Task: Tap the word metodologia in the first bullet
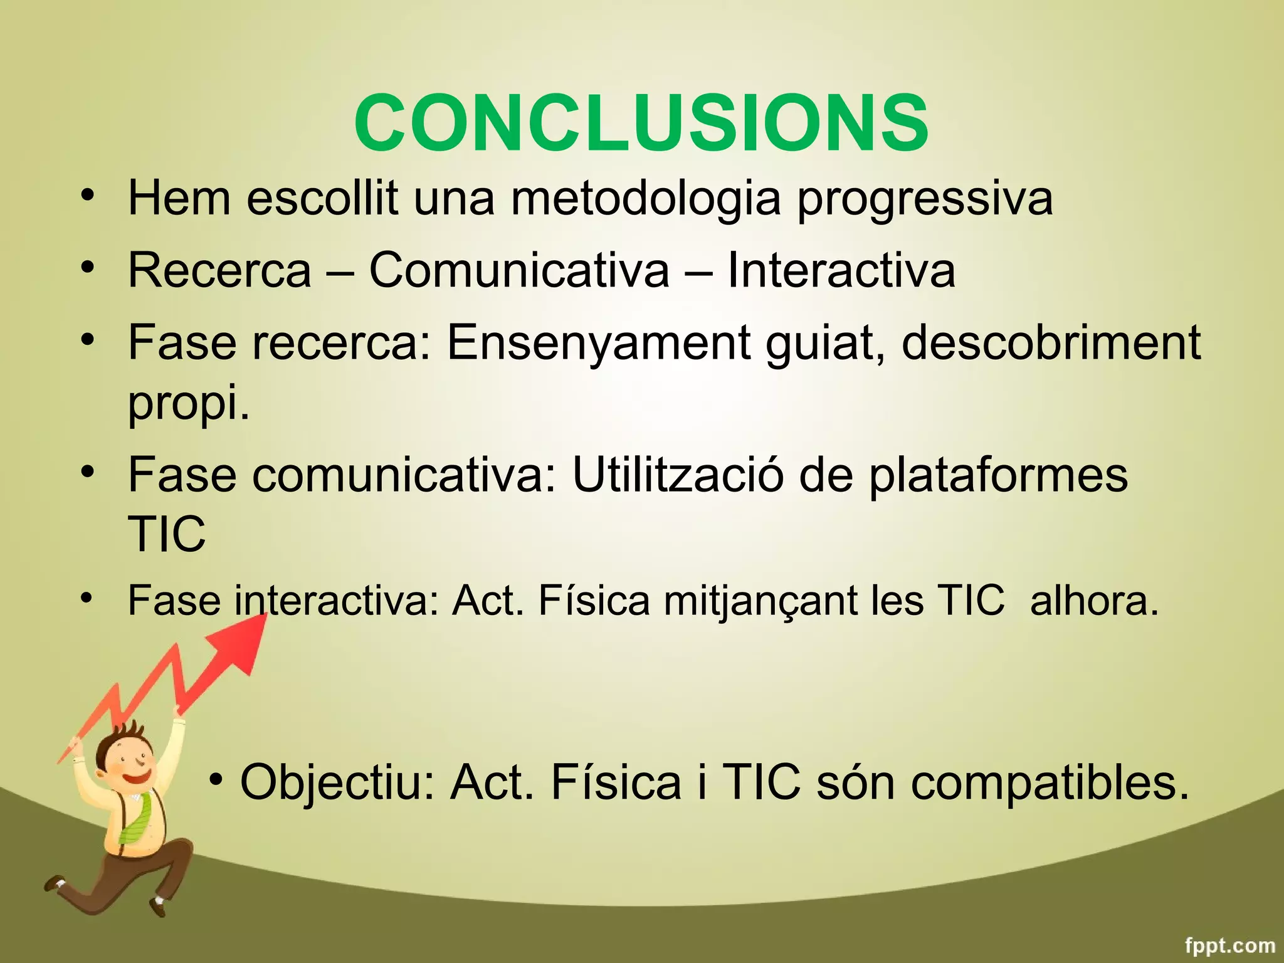(646, 198)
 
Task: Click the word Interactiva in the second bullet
(841, 270)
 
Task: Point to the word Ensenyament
(598, 344)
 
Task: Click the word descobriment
(1051, 342)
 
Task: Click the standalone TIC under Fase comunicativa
(166, 534)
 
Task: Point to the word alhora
(1094, 601)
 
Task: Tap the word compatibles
(1050, 783)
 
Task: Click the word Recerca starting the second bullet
(219, 270)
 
